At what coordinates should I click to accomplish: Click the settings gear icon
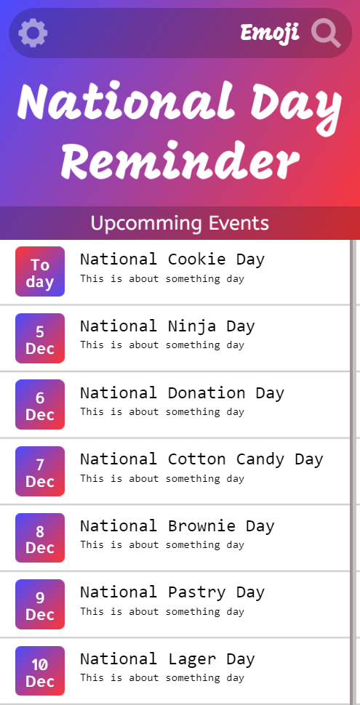[x=33, y=33]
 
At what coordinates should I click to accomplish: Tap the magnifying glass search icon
[x=326, y=33]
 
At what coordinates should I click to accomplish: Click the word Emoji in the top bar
[x=270, y=33]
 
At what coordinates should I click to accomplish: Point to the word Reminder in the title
[x=180, y=161]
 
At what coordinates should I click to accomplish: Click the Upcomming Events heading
[x=180, y=223]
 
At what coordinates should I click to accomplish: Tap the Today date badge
[x=40, y=272]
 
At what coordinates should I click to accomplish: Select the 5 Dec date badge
[x=40, y=338]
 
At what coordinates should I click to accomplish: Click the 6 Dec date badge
[x=40, y=405]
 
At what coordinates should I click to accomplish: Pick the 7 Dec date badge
[x=40, y=471]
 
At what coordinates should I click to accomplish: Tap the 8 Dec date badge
[x=40, y=538]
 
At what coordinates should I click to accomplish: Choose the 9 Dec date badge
[x=40, y=604]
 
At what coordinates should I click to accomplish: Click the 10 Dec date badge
[x=40, y=671]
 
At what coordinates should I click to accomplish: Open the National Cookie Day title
[x=172, y=259]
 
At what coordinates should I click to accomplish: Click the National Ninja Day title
[x=167, y=326]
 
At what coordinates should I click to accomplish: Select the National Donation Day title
[x=183, y=392]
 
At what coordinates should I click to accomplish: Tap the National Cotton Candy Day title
[x=201, y=459]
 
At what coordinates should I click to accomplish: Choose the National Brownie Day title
[x=177, y=525]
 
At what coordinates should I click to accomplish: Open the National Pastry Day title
[x=172, y=592]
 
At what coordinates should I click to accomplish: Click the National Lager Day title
[x=167, y=659]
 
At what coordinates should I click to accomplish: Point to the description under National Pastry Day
[x=162, y=611]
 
